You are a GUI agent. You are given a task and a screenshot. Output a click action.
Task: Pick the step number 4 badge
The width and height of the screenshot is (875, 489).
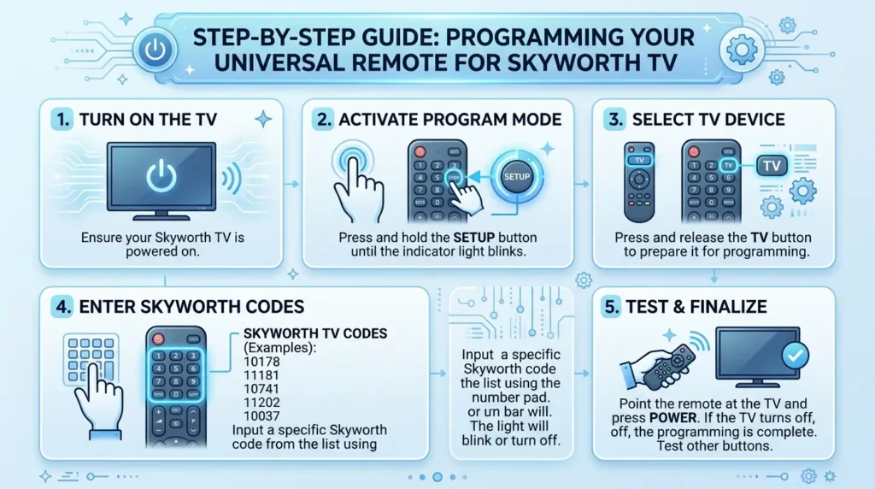[62, 307]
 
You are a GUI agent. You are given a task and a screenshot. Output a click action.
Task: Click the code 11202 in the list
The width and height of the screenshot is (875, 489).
[262, 402]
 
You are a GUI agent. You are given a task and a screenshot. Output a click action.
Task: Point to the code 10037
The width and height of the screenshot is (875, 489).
[262, 415]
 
